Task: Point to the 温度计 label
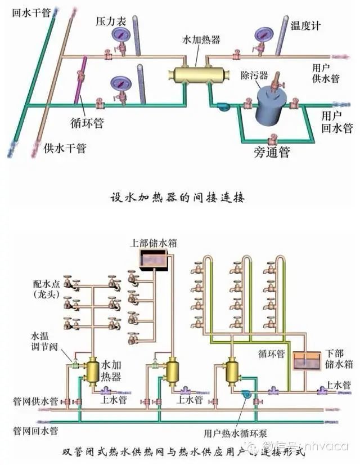[x=305, y=26]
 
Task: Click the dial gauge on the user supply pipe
[x=262, y=35]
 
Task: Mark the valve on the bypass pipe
[x=273, y=137]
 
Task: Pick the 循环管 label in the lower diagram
[x=271, y=354]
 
